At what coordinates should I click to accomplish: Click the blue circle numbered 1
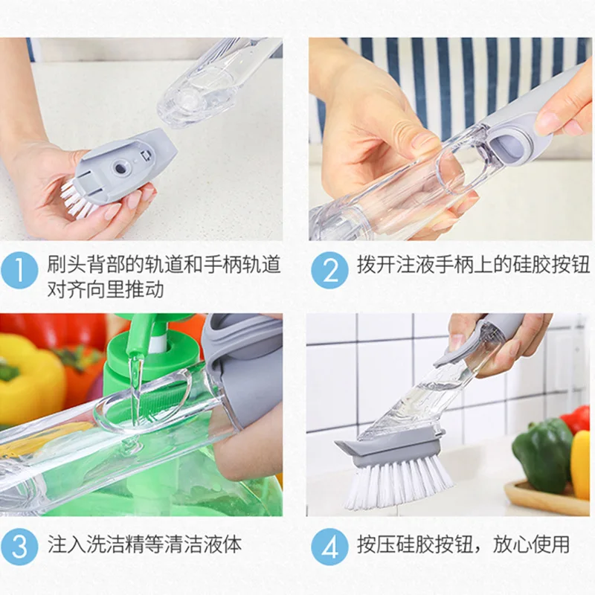(19, 270)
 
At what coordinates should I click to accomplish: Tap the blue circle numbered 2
(329, 270)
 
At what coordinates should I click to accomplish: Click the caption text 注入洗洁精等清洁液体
(144, 545)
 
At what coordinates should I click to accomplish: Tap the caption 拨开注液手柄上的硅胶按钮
(473, 264)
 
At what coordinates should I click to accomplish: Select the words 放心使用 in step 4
(531, 544)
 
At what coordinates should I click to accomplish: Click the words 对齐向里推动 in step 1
(106, 290)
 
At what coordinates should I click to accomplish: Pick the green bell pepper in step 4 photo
(542, 454)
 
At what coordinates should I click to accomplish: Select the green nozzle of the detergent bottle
(134, 334)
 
